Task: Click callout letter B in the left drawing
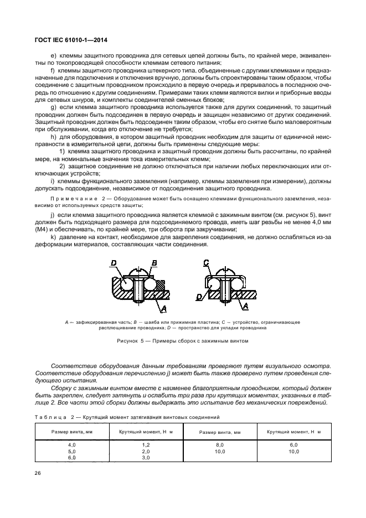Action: point(154,262)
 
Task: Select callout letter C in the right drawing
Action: point(206,262)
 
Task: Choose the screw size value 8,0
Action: point(219,444)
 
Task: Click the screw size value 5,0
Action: point(71,451)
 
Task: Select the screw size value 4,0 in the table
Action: point(71,444)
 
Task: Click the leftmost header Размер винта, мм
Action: point(71,432)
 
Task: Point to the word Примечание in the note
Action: point(73,198)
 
